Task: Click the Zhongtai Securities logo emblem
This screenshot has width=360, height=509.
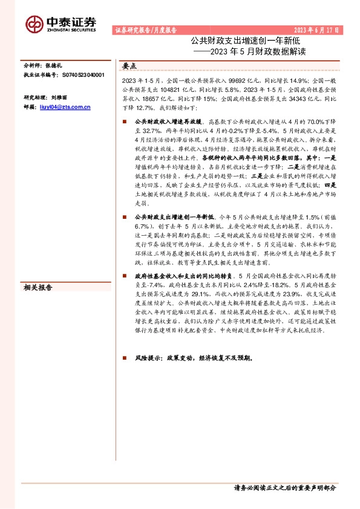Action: pos(34,23)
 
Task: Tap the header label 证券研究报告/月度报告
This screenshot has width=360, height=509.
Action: pos(145,30)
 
